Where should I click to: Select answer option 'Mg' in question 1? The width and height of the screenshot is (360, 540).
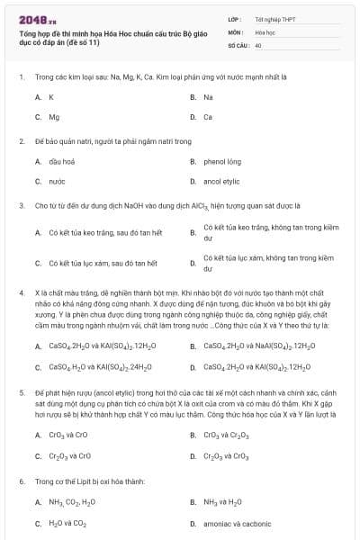point(54,117)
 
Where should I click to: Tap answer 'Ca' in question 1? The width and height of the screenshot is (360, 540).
point(208,117)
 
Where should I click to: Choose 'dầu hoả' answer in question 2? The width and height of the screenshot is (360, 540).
point(61,161)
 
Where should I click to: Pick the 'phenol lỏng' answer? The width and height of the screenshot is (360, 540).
point(222,161)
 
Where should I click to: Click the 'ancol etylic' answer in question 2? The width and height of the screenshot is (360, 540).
point(221,181)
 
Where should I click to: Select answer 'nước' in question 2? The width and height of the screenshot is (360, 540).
point(57,181)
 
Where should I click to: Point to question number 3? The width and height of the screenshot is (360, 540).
point(21,205)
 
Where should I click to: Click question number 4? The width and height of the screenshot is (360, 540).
point(21,292)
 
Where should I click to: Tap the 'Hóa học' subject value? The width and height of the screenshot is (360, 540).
point(264,31)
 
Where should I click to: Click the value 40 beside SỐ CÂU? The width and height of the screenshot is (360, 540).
point(258,44)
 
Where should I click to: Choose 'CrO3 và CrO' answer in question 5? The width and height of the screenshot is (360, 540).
point(69,435)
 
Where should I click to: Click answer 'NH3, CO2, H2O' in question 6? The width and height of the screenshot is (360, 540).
point(73,502)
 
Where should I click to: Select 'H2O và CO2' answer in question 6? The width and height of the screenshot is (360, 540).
point(67,523)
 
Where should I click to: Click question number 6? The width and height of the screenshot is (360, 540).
point(21,481)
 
